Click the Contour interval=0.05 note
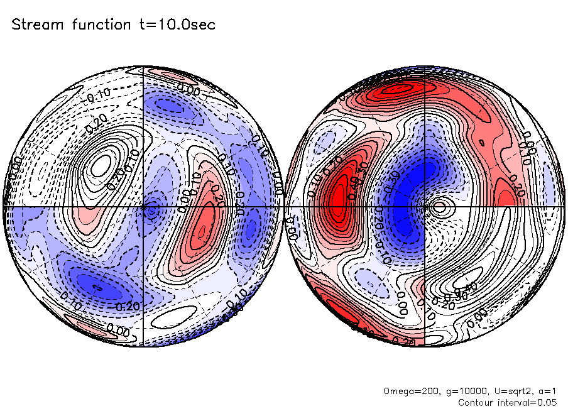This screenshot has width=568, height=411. click(508, 402)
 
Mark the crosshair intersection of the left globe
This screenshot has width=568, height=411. click(144, 206)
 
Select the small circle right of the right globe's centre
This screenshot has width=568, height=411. click(439, 206)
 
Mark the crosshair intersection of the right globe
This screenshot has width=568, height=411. click(425, 206)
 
